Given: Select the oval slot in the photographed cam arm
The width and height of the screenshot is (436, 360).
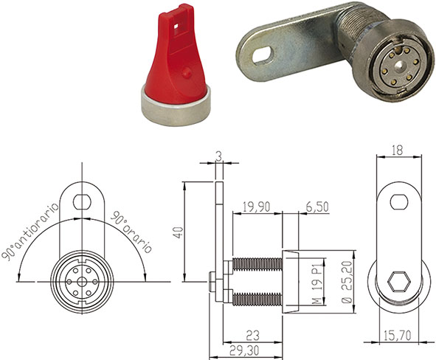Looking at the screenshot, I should pos(260,55).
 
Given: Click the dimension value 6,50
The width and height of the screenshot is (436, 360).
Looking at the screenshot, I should pos(317,209).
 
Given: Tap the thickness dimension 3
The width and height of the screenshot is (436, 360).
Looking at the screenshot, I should pos(218,156).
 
